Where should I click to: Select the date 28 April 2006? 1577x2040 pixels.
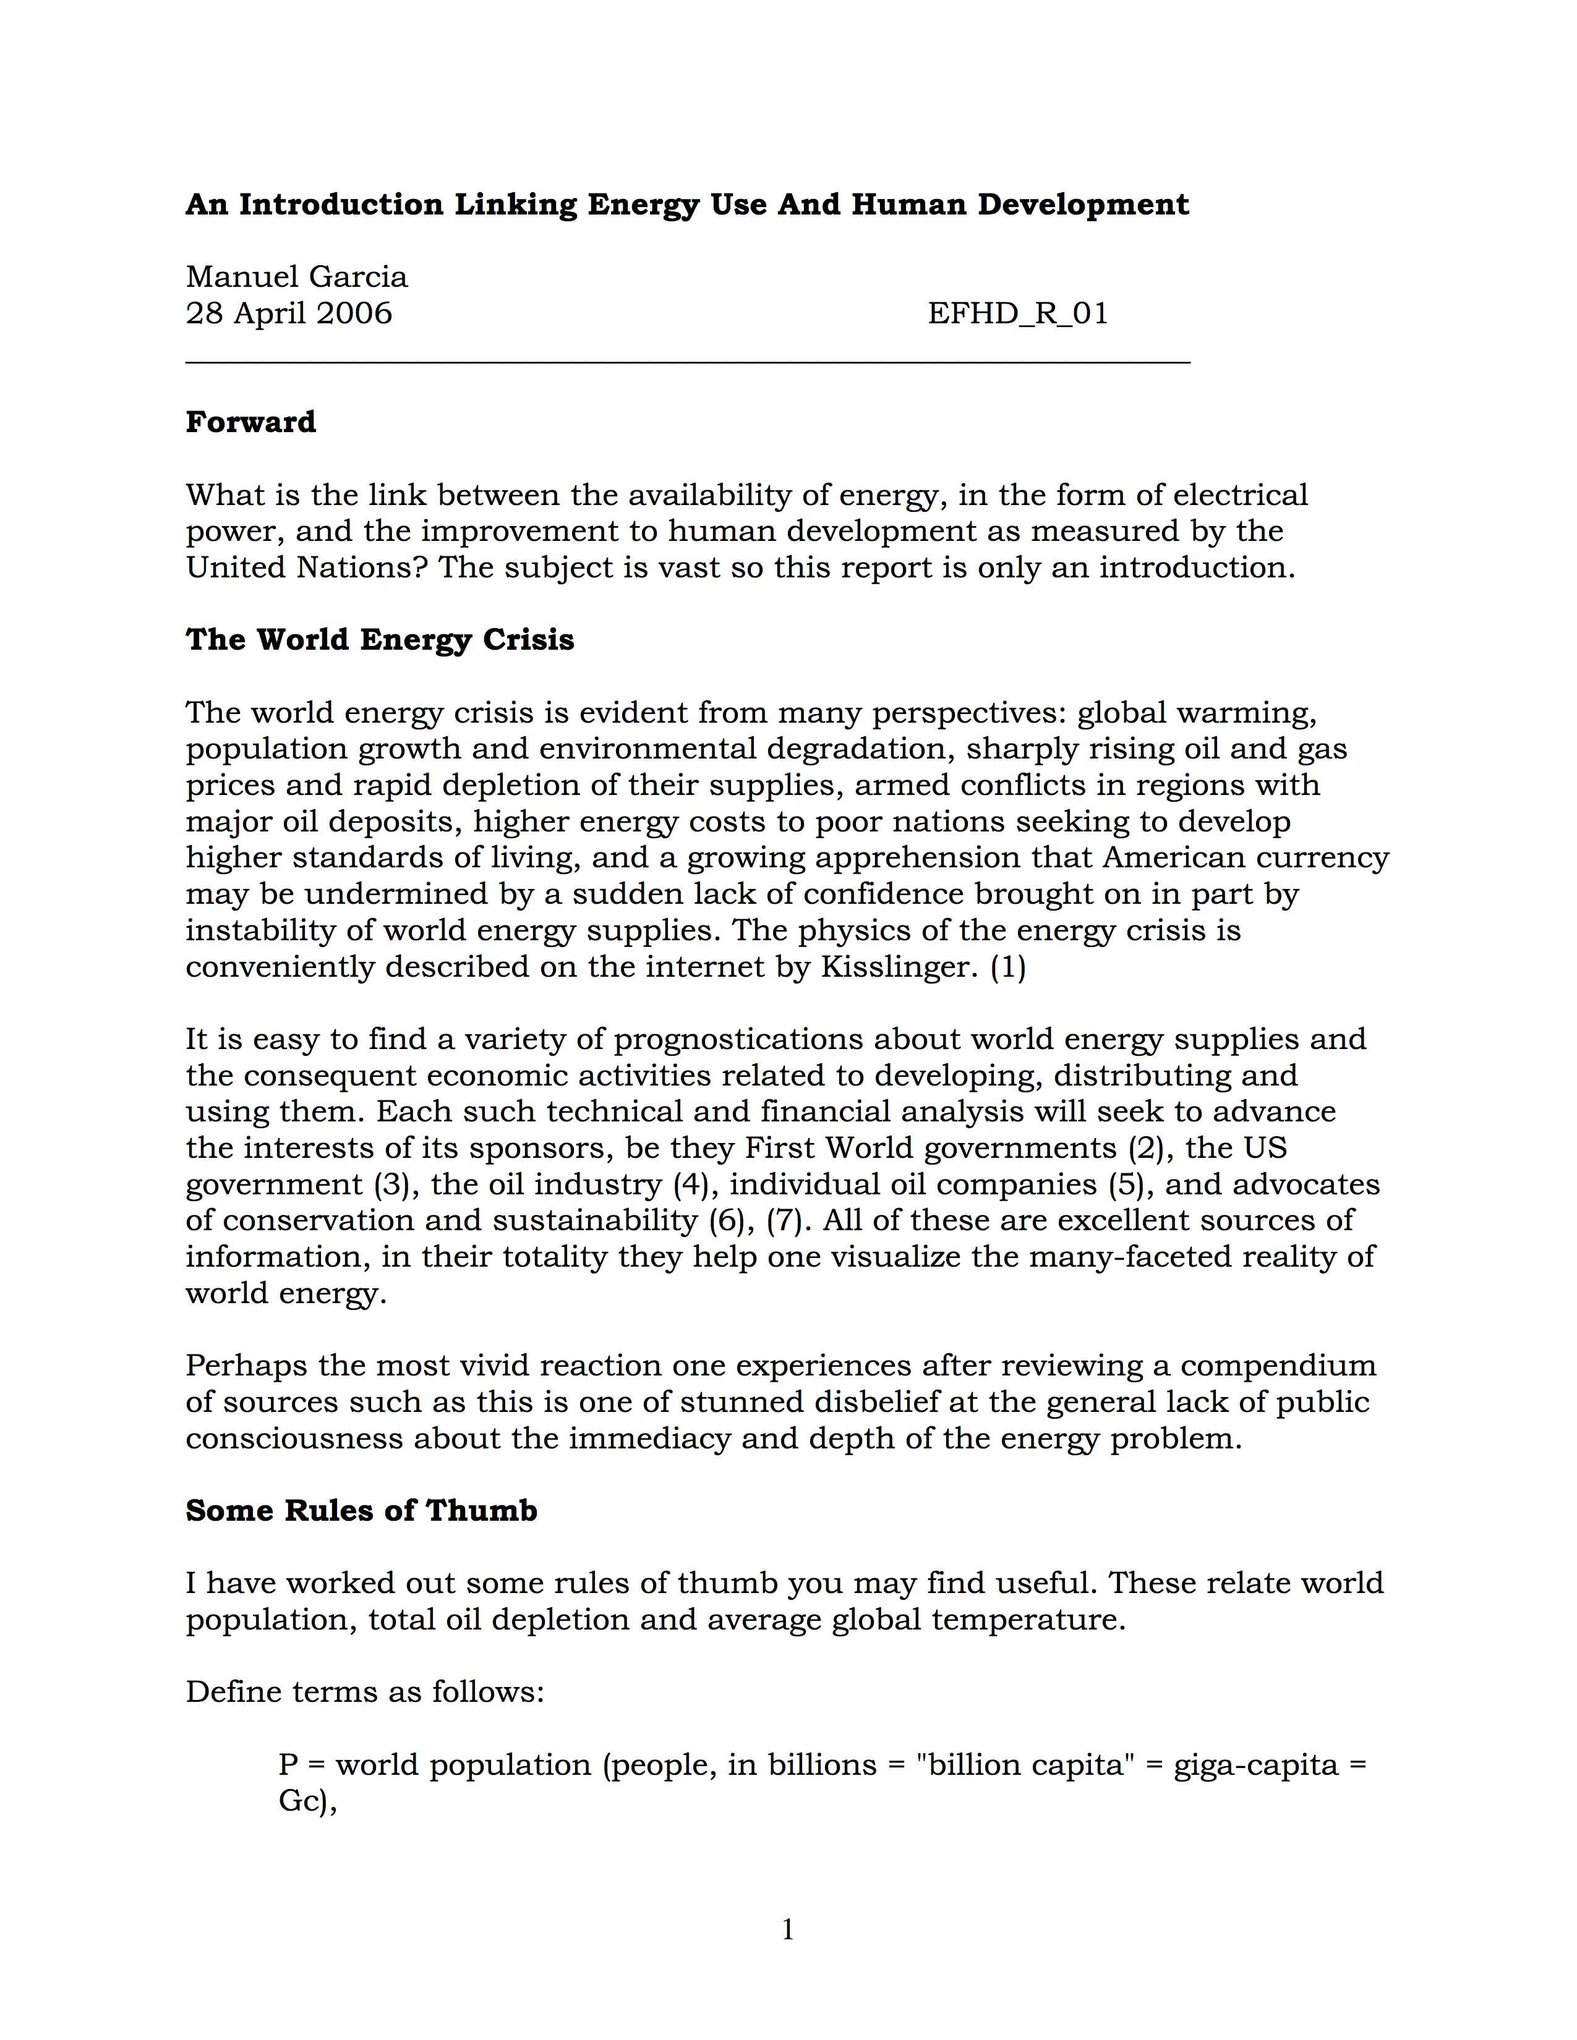[289, 313]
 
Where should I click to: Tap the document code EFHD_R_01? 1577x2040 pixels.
[1017, 313]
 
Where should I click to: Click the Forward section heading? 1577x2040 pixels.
[250, 422]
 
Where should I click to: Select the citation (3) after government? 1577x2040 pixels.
[391, 1184]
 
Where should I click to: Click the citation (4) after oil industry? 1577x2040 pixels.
[690, 1184]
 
